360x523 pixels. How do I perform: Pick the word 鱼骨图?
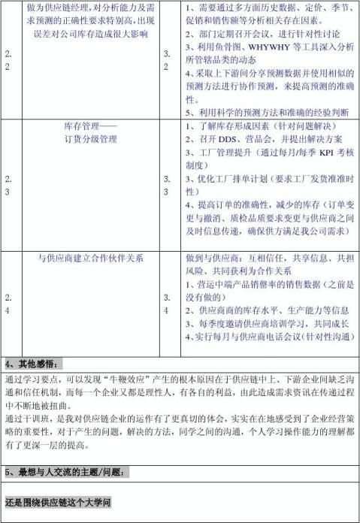pyautogui.click(x=231, y=47)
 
